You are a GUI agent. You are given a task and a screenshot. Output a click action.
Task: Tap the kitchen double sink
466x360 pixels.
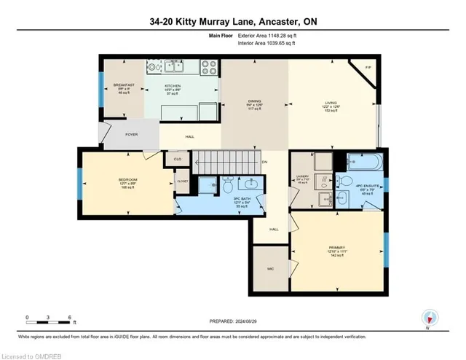pos(157,69)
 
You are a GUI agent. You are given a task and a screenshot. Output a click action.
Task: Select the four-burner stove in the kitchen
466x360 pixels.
pos(208,69)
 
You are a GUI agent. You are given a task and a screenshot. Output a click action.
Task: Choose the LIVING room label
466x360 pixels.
pos(331,105)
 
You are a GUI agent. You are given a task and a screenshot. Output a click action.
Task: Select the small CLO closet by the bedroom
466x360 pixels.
pos(175,157)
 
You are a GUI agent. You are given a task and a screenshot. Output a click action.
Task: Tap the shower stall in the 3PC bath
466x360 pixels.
pos(207,185)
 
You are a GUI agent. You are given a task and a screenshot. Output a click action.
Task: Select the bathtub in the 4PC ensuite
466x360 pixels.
pos(360,162)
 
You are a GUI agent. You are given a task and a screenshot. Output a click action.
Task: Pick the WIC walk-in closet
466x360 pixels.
pos(270,268)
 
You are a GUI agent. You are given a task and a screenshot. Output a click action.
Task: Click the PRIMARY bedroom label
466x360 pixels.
pos(336,248)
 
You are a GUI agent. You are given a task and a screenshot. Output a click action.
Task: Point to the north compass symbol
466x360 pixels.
pos(430,316)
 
